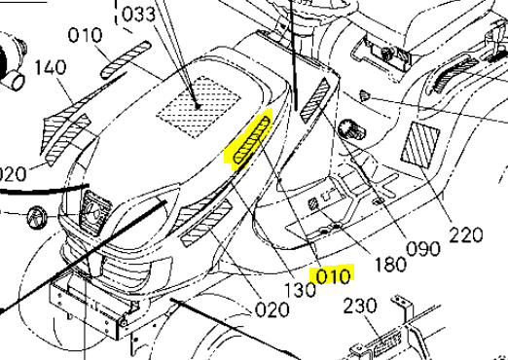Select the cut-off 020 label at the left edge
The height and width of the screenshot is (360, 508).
(x=12, y=175)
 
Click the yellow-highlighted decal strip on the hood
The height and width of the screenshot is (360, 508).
(x=250, y=139)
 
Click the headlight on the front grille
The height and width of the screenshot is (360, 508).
(x=92, y=211)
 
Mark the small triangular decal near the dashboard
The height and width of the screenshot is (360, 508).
(x=364, y=95)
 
